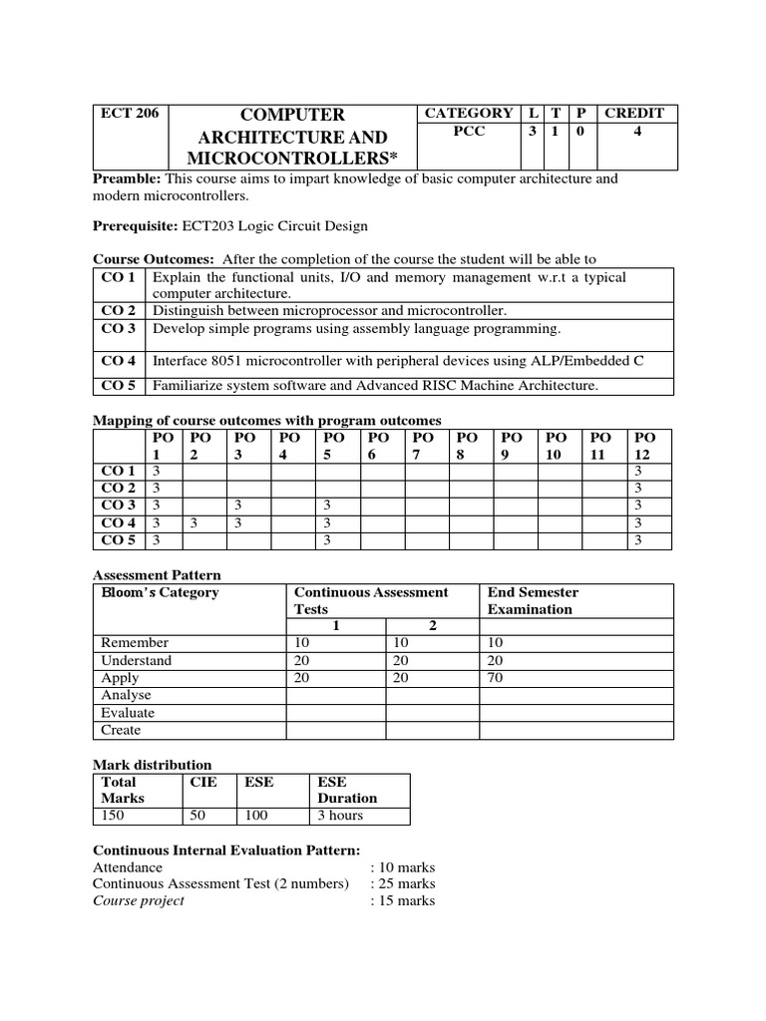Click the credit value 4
(x=635, y=132)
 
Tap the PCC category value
(x=469, y=132)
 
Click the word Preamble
(x=127, y=178)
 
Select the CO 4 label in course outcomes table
(x=119, y=360)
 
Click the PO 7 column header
(x=423, y=446)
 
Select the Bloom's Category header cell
(x=160, y=592)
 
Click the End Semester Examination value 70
(x=496, y=678)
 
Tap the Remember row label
(x=135, y=643)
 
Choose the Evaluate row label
(x=128, y=713)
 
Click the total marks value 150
(x=114, y=816)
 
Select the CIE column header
(x=202, y=783)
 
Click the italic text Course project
(x=139, y=900)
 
